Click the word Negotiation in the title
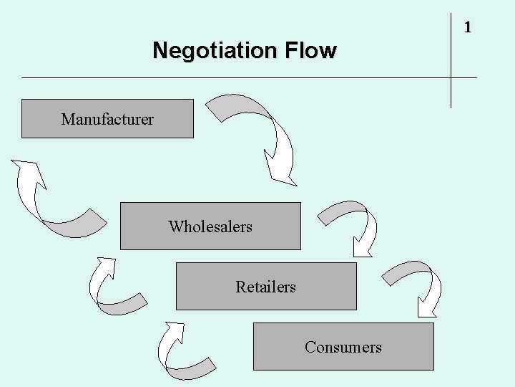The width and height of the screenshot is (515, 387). tap(215, 51)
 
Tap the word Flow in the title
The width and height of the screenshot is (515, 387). tap(310, 51)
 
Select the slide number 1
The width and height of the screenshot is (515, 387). tap(467, 28)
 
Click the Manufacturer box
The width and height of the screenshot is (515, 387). tap(107, 118)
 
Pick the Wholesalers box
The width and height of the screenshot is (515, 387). tap(279, 236)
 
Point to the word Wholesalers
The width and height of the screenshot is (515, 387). tap(210, 227)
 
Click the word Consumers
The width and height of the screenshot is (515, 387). tap(343, 348)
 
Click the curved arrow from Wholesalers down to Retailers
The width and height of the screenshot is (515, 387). tap(358, 215)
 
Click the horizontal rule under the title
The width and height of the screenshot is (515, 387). tap(215, 77)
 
